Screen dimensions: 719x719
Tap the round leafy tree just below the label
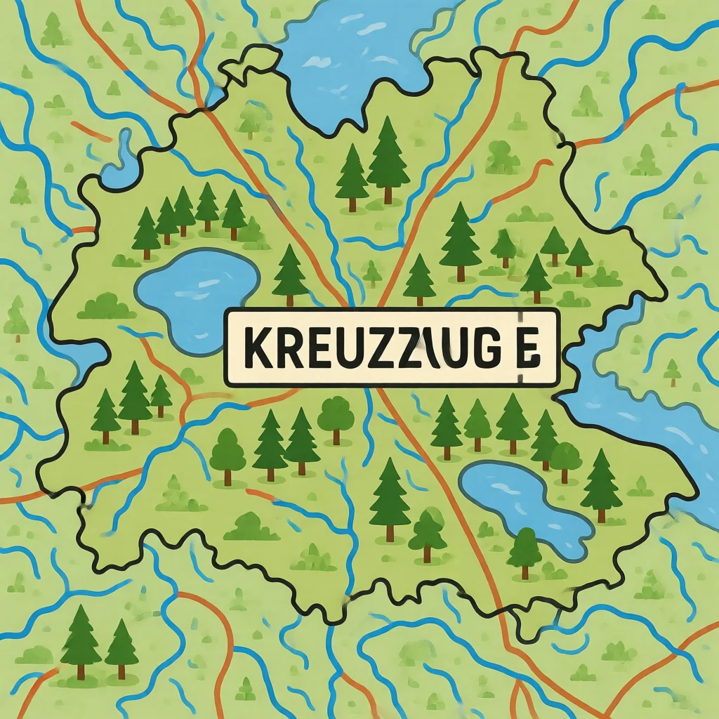point(336,418)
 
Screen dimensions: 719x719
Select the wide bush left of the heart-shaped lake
point(106,306)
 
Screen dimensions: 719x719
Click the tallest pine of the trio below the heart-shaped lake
point(134,397)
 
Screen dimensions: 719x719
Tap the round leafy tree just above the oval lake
point(565,460)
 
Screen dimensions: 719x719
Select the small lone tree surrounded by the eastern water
point(672,371)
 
